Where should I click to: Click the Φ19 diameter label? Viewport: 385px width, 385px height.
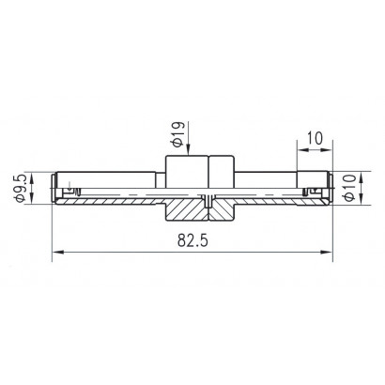tap(177, 134)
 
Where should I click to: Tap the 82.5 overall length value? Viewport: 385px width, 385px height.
tap(192, 241)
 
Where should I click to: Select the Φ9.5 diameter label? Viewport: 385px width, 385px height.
tap(20, 189)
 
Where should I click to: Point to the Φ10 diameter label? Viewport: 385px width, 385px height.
tap(349, 188)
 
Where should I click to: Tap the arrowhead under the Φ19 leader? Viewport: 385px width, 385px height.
tap(189, 149)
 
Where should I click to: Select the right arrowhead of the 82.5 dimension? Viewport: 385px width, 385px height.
tap(326, 252)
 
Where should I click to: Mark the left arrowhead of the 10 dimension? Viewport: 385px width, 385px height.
tap(302, 150)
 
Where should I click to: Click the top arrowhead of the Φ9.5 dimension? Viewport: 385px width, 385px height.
tap(32, 177)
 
